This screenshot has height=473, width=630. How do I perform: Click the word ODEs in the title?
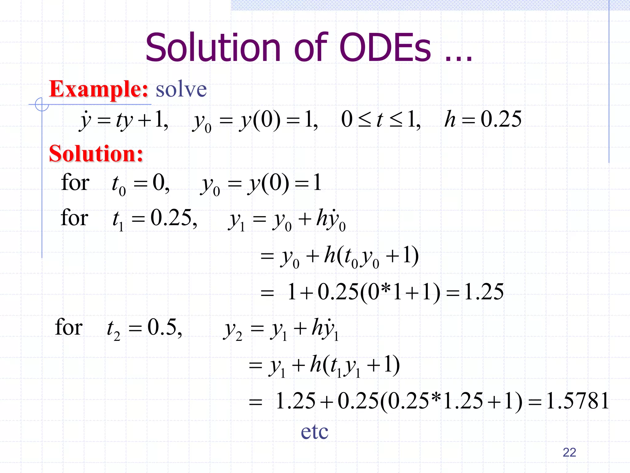pos(386,48)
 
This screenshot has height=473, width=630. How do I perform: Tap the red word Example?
pos(99,89)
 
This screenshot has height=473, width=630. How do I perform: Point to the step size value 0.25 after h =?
pos(501,119)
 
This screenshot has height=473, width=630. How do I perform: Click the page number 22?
pos(569,452)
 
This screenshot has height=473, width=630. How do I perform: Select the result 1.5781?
pos(577,401)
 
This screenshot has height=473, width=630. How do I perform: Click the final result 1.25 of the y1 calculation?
pos(484,292)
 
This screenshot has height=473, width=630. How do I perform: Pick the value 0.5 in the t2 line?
pos(162,327)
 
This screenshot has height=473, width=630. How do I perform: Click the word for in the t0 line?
pos(75,182)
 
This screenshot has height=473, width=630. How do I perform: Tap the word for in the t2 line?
pos(69,327)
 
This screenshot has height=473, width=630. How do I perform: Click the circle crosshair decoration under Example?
pos(42,104)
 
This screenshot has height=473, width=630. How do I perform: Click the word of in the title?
pos(311,48)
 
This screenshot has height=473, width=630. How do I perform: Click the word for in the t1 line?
pos(74,218)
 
